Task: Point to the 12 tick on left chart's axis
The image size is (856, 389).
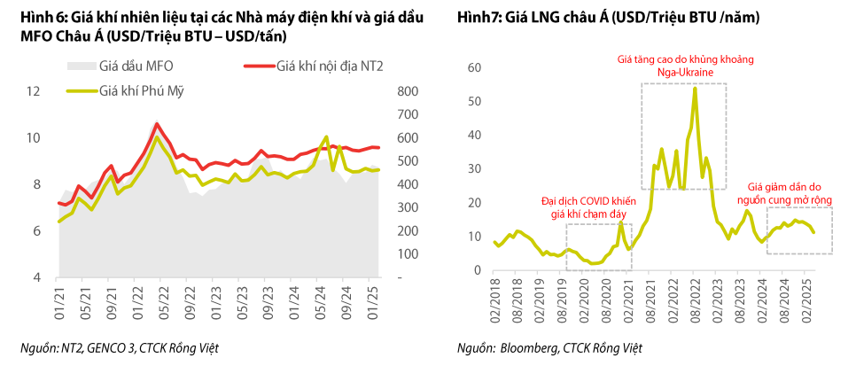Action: pyautogui.click(x=33, y=91)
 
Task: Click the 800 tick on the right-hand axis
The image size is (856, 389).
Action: pyautogui.click(x=407, y=91)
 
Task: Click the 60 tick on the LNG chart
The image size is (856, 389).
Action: pyautogui.click(x=473, y=67)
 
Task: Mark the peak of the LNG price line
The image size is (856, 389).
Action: pyautogui.click(x=694, y=88)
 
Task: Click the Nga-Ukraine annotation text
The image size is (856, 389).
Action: pyautogui.click(x=685, y=74)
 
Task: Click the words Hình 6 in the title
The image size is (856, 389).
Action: pyautogui.click(x=36, y=18)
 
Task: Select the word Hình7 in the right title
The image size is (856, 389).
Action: pyautogui.click(x=479, y=18)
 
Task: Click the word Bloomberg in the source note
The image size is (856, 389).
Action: pyautogui.click(x=529, y=348)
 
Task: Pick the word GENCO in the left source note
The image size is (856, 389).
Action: pyautogui.click(x=113, y=348)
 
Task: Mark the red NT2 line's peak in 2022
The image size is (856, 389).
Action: pyautogui.click(x=157, y=124)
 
